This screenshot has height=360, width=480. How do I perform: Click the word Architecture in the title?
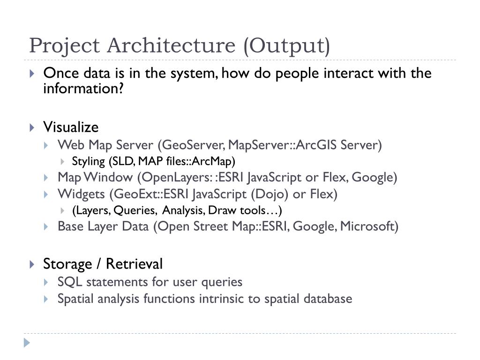coord(172,46)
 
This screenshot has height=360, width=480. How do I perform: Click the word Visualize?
coord(71,127)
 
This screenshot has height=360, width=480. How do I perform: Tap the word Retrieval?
coord(134,264)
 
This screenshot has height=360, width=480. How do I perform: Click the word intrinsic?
coord(219,299)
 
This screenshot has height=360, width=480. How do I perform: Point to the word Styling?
coord(89,162)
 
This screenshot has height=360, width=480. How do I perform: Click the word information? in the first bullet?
coord(83,88)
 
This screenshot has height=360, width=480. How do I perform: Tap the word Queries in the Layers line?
coord(135,210)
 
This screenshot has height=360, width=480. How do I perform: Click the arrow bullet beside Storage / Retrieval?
coord(31,264)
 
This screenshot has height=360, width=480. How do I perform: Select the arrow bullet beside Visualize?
coord(31,127)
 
